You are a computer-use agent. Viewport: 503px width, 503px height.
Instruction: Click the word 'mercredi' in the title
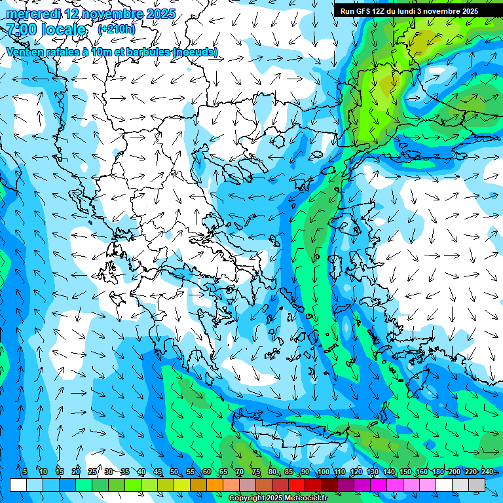click(33, 13)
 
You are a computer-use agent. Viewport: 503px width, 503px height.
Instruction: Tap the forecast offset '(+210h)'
click(116, 29)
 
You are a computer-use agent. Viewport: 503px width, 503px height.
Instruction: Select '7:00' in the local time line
click(22, 29)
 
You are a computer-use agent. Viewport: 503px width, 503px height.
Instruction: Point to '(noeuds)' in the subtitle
click(195, 52)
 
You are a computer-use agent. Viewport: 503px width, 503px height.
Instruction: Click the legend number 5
click(25, 472)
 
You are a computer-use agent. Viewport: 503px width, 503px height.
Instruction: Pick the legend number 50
click(174, 472)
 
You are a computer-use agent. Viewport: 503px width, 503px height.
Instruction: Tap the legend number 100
click(324, 472)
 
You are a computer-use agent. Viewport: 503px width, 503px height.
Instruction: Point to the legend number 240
click(487, 472)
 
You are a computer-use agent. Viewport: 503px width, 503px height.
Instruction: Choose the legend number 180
click(438, 472)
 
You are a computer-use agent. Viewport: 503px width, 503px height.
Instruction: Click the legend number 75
click(256, 472)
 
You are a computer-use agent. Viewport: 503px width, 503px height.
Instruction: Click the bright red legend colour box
click(297, 485)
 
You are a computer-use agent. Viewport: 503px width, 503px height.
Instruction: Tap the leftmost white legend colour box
click(18, 485)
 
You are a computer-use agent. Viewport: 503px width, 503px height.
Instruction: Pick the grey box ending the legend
click(477, 485)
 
